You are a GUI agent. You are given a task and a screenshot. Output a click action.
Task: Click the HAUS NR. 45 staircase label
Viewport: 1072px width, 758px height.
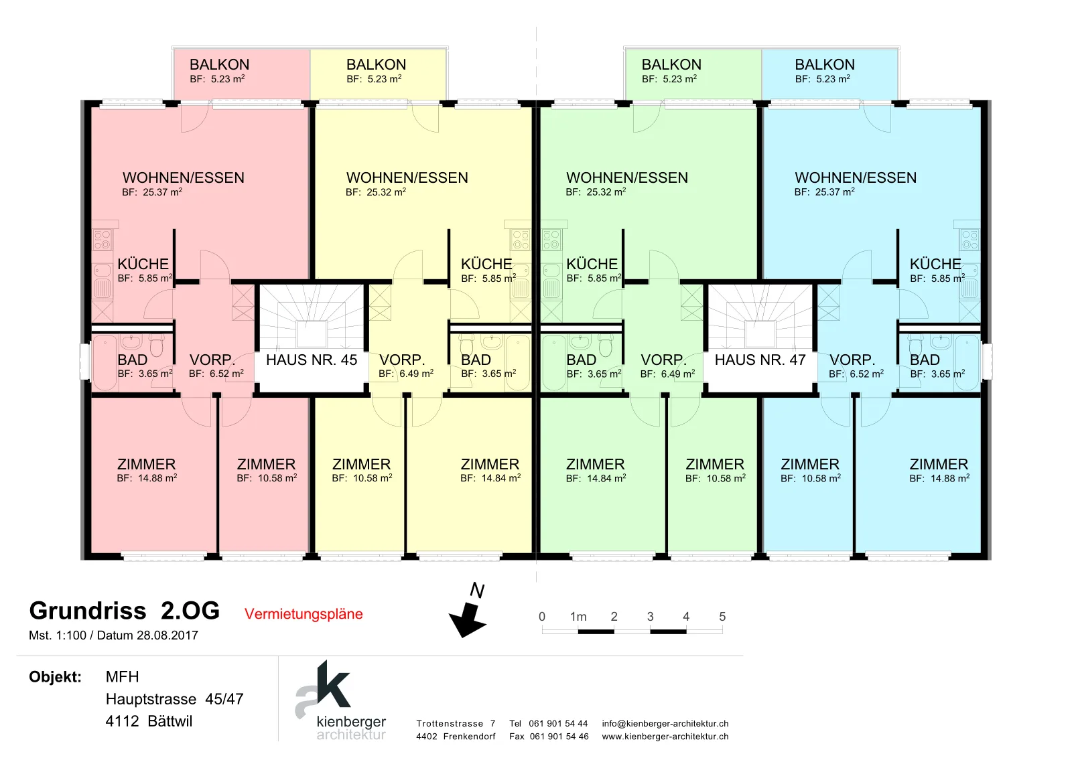pyautogui.click(x=312, y=360)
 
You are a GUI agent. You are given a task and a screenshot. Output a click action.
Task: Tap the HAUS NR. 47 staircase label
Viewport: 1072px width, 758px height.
pyautogui.click(x=760, y=360)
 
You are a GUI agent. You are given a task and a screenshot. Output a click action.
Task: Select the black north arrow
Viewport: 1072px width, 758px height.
pyautogui.click(x=468, y=619)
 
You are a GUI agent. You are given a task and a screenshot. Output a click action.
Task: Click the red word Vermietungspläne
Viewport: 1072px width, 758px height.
pyautogui.click(x=304, y=614)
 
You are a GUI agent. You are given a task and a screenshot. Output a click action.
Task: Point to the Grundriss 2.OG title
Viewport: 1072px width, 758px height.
pyautogui.click(x=125, y=611)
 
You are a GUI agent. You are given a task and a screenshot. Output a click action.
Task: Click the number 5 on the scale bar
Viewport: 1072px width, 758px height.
pyautogui.click(x=722, y=617)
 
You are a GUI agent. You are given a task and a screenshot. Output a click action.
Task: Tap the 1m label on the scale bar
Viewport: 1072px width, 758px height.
pyautogui.click(x=578, y=617)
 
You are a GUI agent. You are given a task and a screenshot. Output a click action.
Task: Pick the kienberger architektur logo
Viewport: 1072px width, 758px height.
pyautogui.click(x=341, y=700)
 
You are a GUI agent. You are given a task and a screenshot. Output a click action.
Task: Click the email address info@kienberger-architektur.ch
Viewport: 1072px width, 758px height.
pyautogui.click(x=665, y=724)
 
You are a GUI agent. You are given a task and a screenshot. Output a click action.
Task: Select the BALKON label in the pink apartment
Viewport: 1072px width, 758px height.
pyautogui.click(x=219, y=64)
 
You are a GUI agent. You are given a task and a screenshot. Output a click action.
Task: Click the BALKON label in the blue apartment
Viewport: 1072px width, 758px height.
pyautogui.click(x=825, y=64)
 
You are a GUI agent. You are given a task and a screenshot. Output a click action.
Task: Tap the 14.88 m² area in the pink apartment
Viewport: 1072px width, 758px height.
pyautogui.click(x=157, y=477)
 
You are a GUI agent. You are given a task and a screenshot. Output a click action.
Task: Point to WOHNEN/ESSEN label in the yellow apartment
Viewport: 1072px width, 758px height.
pyautogui.click(x=407, y=177)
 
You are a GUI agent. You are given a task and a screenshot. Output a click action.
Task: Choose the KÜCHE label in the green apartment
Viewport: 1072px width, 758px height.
pyautogui.click(x=592, y=264)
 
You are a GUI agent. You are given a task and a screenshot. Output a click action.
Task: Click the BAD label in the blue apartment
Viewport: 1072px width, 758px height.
pyautogui.click(x=925, y=360)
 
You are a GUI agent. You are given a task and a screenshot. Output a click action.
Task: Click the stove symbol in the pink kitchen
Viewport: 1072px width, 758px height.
pyautogui.click(x=103, y=240)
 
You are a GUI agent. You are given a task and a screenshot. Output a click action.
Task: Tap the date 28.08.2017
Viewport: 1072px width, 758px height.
pyautogui.click(x=167, y=635)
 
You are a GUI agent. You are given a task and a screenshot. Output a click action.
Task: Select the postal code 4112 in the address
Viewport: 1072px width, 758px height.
pyautogui.click(x=122, y=721)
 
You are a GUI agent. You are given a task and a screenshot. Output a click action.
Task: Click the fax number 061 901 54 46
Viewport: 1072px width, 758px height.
pyautogui.click(x=559, y=737)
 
